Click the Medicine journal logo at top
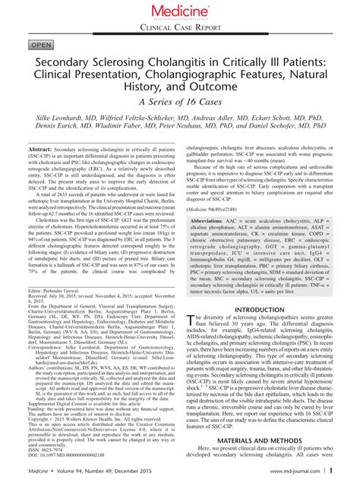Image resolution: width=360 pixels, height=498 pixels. [180, 11]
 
